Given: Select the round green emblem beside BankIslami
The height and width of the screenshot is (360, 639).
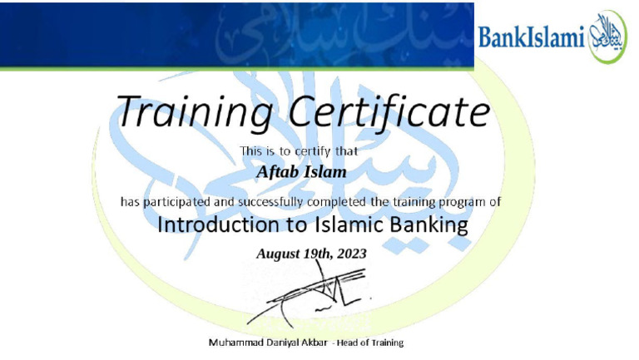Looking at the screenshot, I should click(607, 37).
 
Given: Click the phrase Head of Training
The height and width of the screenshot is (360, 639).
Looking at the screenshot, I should click(372, 343).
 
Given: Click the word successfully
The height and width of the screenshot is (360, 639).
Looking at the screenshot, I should click(270, 201).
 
